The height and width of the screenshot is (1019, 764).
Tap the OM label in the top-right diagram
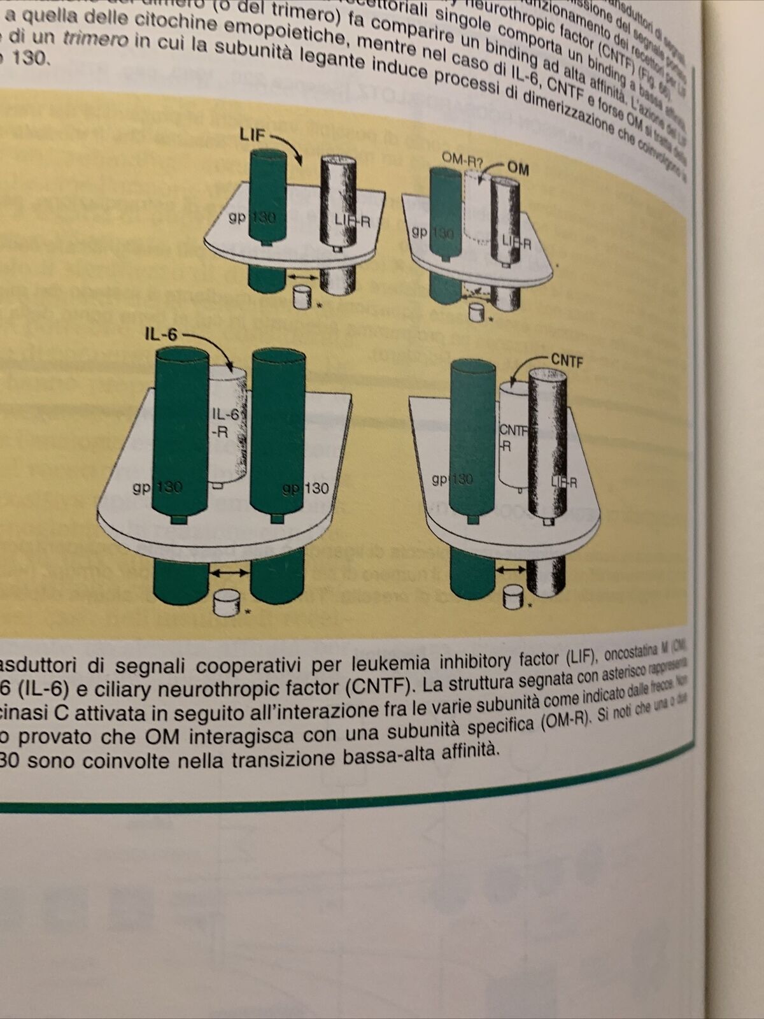518,168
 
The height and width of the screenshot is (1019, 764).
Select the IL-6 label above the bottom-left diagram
160,333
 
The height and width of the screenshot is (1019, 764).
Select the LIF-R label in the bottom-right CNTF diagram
562,482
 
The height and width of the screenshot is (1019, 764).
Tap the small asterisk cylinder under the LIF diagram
301,297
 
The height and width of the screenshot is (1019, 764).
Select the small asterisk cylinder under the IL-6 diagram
224,602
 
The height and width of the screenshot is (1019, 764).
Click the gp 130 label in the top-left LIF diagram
253,218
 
